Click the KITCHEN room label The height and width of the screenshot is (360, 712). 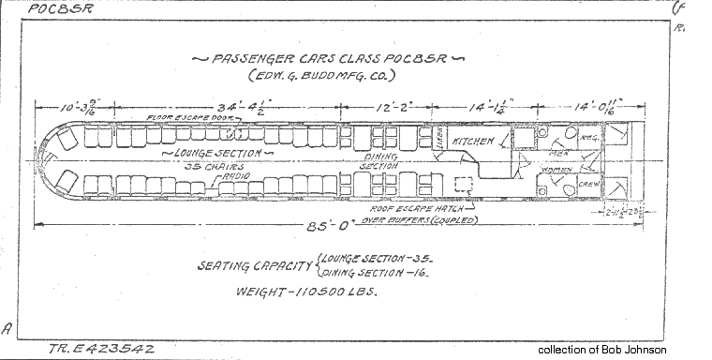473,142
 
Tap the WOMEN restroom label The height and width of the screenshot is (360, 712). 556,171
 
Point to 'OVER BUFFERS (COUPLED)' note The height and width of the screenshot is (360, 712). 421,221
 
